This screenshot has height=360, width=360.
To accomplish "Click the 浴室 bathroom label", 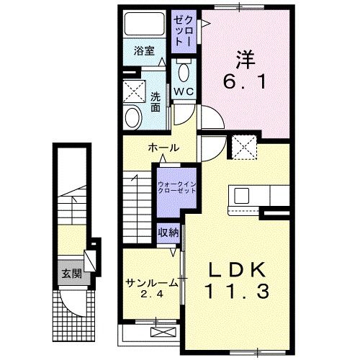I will click(144, 51).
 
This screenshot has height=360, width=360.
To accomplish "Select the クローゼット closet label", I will click(181, 30).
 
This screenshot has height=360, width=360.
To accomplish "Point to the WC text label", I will click(182, 93).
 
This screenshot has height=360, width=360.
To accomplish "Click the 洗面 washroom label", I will click(156, 102).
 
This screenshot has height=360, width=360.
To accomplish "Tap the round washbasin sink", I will click(132, 117).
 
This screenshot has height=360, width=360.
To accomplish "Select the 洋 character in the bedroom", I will click(246, 58).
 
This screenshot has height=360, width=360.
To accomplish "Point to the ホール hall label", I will click(163, 148).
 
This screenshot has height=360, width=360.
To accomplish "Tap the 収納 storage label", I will click(168, 233).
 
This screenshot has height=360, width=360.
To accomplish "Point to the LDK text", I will click(241, 271).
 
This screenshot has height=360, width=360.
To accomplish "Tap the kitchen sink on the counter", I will click(240, 195).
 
